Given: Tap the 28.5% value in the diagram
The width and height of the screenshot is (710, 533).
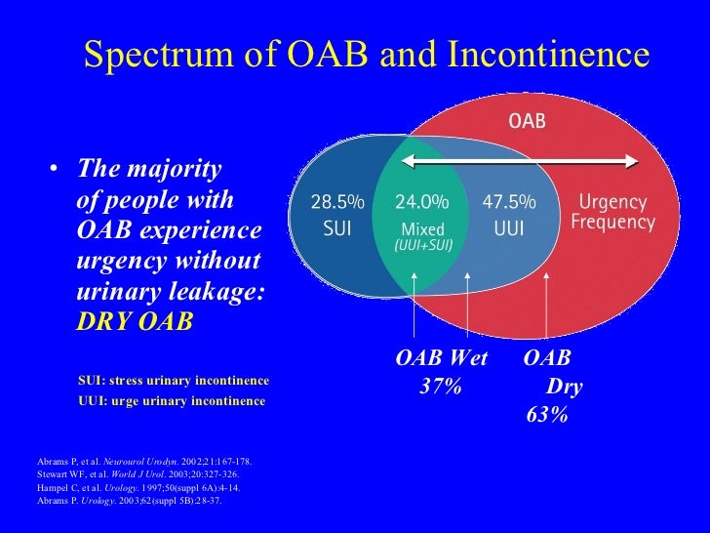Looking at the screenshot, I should click(x=336, y=203).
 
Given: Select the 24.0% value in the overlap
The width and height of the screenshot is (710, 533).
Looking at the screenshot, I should click(x=421, y=203).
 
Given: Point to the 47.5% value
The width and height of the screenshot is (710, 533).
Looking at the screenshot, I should click(x=509, y=203).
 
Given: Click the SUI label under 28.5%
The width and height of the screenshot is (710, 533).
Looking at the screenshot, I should click(x=336, y=228).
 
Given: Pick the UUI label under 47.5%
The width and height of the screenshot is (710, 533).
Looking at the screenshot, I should click(x=509, y=228).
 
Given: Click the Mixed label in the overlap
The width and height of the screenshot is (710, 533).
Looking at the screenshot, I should click(x=422, y=228).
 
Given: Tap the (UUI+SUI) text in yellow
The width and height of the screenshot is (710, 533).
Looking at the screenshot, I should click(x=422, y=245).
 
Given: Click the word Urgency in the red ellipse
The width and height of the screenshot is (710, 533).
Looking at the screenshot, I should click(x=612, y=203).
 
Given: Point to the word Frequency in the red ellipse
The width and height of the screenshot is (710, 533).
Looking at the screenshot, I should click(x=612, y=223).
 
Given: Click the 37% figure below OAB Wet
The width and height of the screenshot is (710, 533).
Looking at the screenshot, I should click(x=440, y=387).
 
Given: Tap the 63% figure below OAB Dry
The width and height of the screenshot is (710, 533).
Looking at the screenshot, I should click(x=546, y=415).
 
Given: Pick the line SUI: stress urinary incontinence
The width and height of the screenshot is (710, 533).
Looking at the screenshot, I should click(x=174, y=380).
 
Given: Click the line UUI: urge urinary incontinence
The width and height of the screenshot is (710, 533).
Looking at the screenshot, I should click(x=172, y=401).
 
